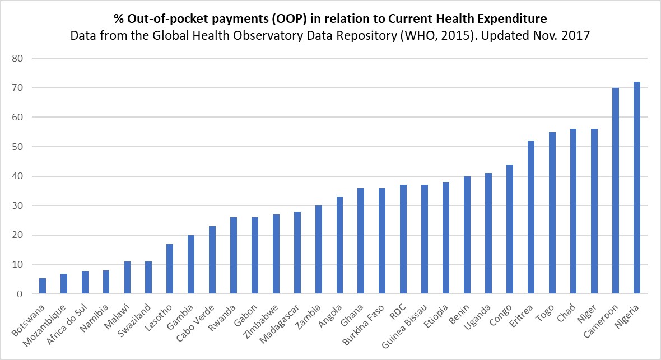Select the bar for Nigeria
coord(636,188)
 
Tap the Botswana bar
coord(43,286)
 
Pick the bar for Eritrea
coord(530,218)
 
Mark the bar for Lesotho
coord(170,269)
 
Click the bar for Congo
coord(509,230)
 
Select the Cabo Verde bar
coord(212,260)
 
